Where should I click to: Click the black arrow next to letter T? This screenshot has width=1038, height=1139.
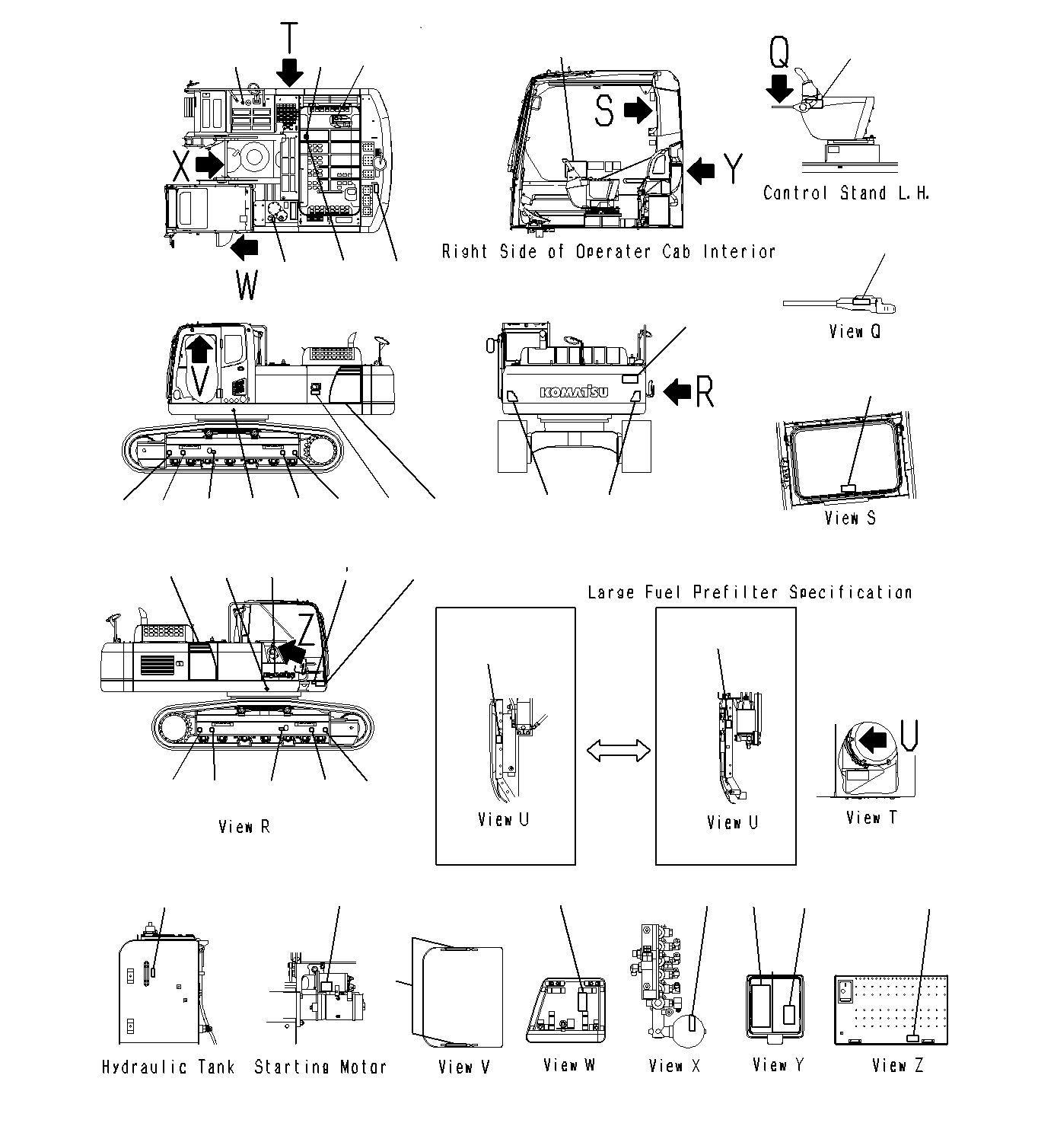tap(289, 74)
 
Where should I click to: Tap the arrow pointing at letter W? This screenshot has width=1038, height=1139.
tap(245, 247)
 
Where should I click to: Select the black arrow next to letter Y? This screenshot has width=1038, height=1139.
tap(701, 170)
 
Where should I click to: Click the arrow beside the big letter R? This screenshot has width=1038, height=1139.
tap(677, 391)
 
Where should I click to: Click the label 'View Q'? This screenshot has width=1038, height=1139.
tap(855, 331)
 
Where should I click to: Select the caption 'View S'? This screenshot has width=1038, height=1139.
tap(850, 518)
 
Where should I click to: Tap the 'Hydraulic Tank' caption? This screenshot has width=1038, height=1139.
tap(168, 1067)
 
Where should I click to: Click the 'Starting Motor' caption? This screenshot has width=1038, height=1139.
tap(320, 1067)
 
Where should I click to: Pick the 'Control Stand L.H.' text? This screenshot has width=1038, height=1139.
tap(846, 193)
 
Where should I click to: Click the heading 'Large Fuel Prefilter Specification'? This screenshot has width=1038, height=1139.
tap(750, 592)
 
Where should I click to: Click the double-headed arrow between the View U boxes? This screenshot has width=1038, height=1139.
tap(618, 751)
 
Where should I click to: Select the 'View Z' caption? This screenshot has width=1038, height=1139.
tap(897, 1066)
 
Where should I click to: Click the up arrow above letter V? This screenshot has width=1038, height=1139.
tap(199, 349)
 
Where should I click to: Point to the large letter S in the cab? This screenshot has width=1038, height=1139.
tap(604, 110)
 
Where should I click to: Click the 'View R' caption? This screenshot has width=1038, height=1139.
tap(244, 826)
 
